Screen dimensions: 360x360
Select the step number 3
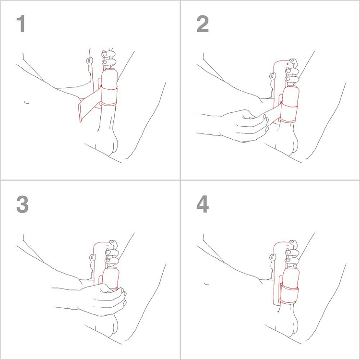tap(22, 205)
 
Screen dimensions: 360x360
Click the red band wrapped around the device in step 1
tap(109, 96)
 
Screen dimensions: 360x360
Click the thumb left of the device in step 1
tap(88, 61)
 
